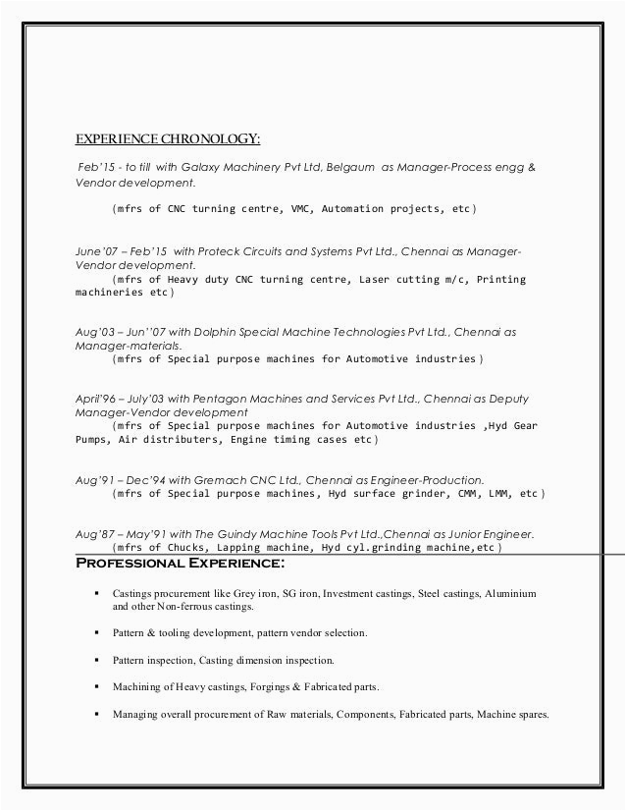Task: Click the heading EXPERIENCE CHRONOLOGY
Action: point(169,136)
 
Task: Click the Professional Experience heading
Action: point(181,564)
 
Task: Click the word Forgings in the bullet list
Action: point(269,686)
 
